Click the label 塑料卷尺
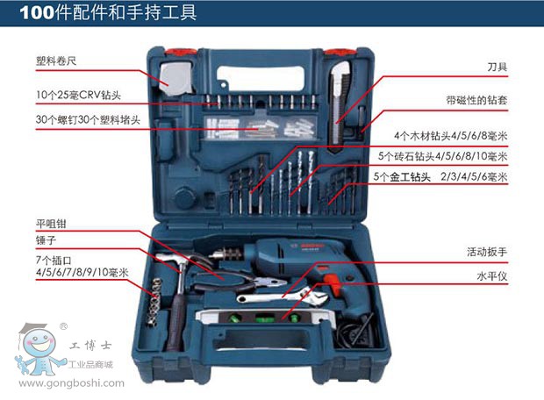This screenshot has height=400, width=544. (x=56, y=61)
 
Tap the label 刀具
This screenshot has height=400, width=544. (x=497, y=67)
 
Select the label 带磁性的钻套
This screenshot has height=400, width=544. (x=476, y=100)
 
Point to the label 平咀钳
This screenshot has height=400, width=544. (x=51, y=224)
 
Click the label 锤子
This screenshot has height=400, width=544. (x=46, y=240)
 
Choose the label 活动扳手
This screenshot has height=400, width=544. (x=487, y=252)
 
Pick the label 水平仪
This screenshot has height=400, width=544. (x=492, y=276)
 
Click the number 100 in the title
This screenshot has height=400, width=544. (x=37, y=13)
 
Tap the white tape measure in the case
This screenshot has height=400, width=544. (x=177, y=79)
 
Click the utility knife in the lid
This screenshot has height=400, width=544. (x=340, y=104)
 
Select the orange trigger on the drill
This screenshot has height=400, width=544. (x=333, y=284)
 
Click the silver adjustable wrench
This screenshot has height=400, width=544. (x=282, y=296)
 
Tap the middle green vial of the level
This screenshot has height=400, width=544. (x=263, y=318)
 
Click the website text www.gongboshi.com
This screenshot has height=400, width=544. (x=71, y=383)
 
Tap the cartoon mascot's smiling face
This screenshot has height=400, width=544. (x=39, y=342)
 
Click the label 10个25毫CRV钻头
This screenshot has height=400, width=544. (x=78, y=95)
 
